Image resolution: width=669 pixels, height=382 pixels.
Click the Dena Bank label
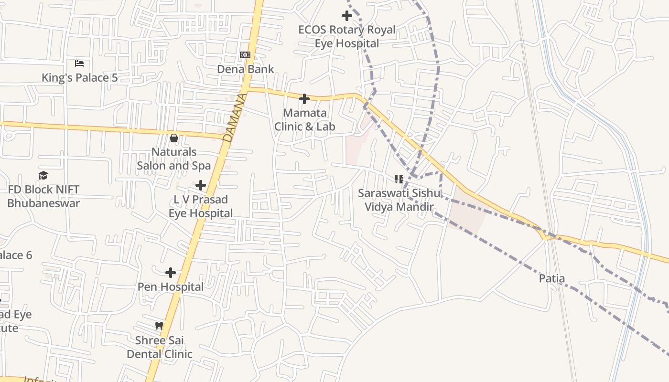pyautogui.click(x=246, y=69)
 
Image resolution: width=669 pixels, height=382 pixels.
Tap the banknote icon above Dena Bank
pyautogui.click(x=245, y=55)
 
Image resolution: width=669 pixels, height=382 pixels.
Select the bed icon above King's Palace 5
pyautogui.click(x=79, y=64)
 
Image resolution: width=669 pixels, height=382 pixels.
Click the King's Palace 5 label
pyautogui.click(x=79, y=77)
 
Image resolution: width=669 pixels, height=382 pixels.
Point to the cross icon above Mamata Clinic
pyautogui.click(x=304, y=99)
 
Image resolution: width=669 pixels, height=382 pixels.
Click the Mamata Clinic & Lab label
pyautogui.click(x=305, y=120)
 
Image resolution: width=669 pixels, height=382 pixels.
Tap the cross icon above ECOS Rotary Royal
pyautogui.click(x=347, y=16)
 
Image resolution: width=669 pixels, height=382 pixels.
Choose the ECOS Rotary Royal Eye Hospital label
pyautogui.click(x=347, y=36)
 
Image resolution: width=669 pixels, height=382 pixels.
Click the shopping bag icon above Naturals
pyautogui.click(x=174, y=138)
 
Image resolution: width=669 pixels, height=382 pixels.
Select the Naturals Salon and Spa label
pyautogui.click(x=174, y=159)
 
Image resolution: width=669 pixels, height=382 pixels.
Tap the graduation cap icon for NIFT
pyautogui.click(x=43, y=176)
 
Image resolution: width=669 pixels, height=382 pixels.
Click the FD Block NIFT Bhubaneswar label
pyautogui.click(x=43, y=196)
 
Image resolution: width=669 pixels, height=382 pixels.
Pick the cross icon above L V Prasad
pyautogui.click(x=201, y=185)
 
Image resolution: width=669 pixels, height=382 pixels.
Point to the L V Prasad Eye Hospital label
pyautogui.click(x=201, y=206)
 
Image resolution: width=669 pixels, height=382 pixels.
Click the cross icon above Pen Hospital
pyautogui.click(x=171, y=273)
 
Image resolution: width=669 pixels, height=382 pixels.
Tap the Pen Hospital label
pyautogui.click(x=171, y=286)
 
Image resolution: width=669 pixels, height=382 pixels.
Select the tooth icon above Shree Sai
pyautogui.click(x=159, y=326)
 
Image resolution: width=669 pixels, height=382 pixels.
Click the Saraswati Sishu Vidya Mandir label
pyautogui.click(x=396, y=200)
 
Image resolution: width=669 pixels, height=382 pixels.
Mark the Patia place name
pyautogui.click(x=552, y=278)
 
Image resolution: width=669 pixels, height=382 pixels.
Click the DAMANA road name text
pyautogui.click(x=235, y=117)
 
